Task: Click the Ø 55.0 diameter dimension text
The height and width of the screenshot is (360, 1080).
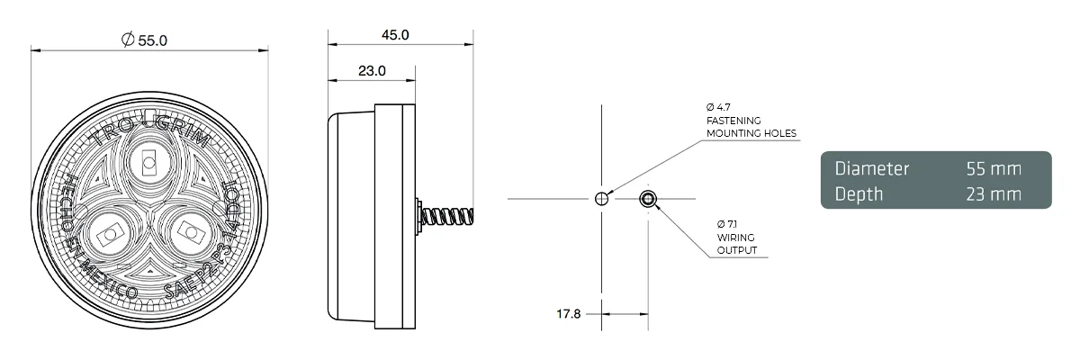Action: pyautogui.click(x=144, y=40)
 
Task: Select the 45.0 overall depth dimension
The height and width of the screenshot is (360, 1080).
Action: pyautogui.click(x=395, y=35)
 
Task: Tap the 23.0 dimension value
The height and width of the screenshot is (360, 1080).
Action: pyautogui.click(x=372, y=70)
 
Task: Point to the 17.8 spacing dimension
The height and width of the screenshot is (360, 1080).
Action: pyautogui.click(x=571, y=314)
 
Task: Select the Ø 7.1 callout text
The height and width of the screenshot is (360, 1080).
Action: pyautogui.click(x=727, y=223)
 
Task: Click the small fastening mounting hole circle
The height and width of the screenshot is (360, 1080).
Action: pyautogui.click(x=601, y=199)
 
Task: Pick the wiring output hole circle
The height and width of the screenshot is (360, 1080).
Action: pyautogui.click(x=646, y=199)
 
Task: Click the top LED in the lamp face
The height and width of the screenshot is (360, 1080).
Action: pyautogui.click(x=148, y=164)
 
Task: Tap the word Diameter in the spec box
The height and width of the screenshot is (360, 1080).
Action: pyautogui.click(x=872, y=168)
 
